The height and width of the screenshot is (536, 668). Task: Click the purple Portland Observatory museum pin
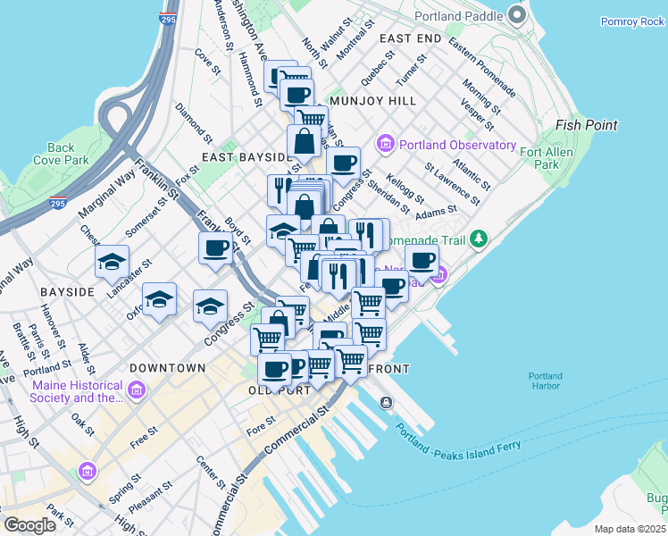[x=387, y=144]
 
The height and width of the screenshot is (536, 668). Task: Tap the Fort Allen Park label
[x=572, y=158]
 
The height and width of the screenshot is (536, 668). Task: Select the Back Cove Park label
[x=61, y=154]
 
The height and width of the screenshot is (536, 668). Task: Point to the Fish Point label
[x=586, y=125]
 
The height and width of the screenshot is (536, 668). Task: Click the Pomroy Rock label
[x=632, y=21]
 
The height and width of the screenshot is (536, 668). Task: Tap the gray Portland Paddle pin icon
[x=516, y=15]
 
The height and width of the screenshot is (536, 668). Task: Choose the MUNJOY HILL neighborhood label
[x=372, y=101]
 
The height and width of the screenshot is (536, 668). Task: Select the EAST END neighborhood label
[x=410, y=38]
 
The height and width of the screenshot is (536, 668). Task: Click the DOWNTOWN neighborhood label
[x=167, y=368]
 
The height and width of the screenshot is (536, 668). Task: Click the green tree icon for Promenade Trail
[x=479, y=239]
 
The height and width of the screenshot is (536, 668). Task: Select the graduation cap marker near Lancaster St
[x=112, y=261]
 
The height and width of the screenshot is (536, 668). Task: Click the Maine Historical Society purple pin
[x=136, y=389]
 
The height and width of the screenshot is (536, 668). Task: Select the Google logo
[x=30, y=525]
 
